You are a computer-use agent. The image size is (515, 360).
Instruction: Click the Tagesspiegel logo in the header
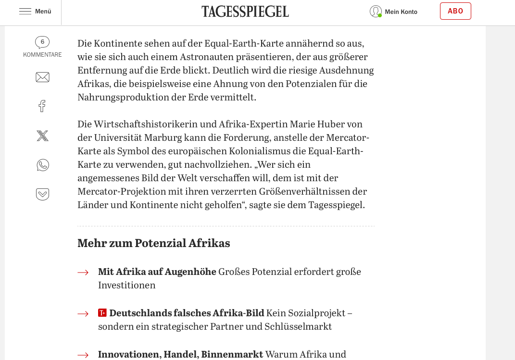click(x=245, y=12)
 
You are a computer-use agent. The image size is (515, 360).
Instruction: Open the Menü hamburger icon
click(x=25, y=12)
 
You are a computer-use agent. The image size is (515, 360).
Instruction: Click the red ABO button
click(x=455, y=11)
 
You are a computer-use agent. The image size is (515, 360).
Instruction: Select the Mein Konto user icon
click(x=376, y=12)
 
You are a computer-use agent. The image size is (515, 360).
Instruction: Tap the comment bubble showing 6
click(x=42, y=42)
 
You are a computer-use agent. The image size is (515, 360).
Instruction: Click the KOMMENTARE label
click(x=42, y=55)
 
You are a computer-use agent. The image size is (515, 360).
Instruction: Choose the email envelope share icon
click(x=42, y=77)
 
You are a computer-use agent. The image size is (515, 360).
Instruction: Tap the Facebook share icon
click(x=42, y=106)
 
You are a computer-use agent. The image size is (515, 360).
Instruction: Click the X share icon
click(x=42, y=136)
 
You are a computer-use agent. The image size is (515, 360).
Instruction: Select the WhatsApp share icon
click(x=42, y=165)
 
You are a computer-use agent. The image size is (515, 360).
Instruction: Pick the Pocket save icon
click(x=42, y=194)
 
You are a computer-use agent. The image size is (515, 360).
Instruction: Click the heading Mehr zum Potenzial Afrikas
click(x=153, y=243)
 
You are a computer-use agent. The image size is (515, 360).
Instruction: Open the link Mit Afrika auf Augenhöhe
click(x=157, y=272)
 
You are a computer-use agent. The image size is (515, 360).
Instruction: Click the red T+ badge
click(x=102, y=313)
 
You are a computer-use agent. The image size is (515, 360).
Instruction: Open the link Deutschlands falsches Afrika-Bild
click(x=187, y=313)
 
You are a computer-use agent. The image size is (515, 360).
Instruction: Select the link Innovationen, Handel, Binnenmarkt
click(x=180, y=354)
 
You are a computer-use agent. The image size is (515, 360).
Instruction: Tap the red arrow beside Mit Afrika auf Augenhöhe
click(x=83, y=273)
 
